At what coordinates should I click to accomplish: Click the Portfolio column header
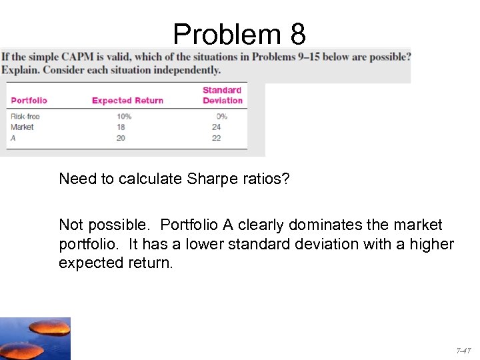tap(29, 101)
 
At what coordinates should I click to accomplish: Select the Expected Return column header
tap(127, 101)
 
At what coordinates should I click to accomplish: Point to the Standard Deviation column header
tap(222, 95)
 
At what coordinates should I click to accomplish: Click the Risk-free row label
tap(25, 117)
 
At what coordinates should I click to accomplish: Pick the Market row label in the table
tap(22, 127)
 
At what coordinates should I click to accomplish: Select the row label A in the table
tap(13, 137)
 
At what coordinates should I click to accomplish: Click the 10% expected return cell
tap(123, 117)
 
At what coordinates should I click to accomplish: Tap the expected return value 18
tap(120, 127)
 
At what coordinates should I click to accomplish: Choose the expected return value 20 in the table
tap(120, 137)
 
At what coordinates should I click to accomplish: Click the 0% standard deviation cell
tap(221, 117)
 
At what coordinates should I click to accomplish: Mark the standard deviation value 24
tap(216, 127)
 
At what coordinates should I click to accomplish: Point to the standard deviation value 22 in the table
tap(216, 137)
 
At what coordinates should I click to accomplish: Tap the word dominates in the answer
tap(326, 225)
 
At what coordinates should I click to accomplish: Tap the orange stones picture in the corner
tap(35, 339)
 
